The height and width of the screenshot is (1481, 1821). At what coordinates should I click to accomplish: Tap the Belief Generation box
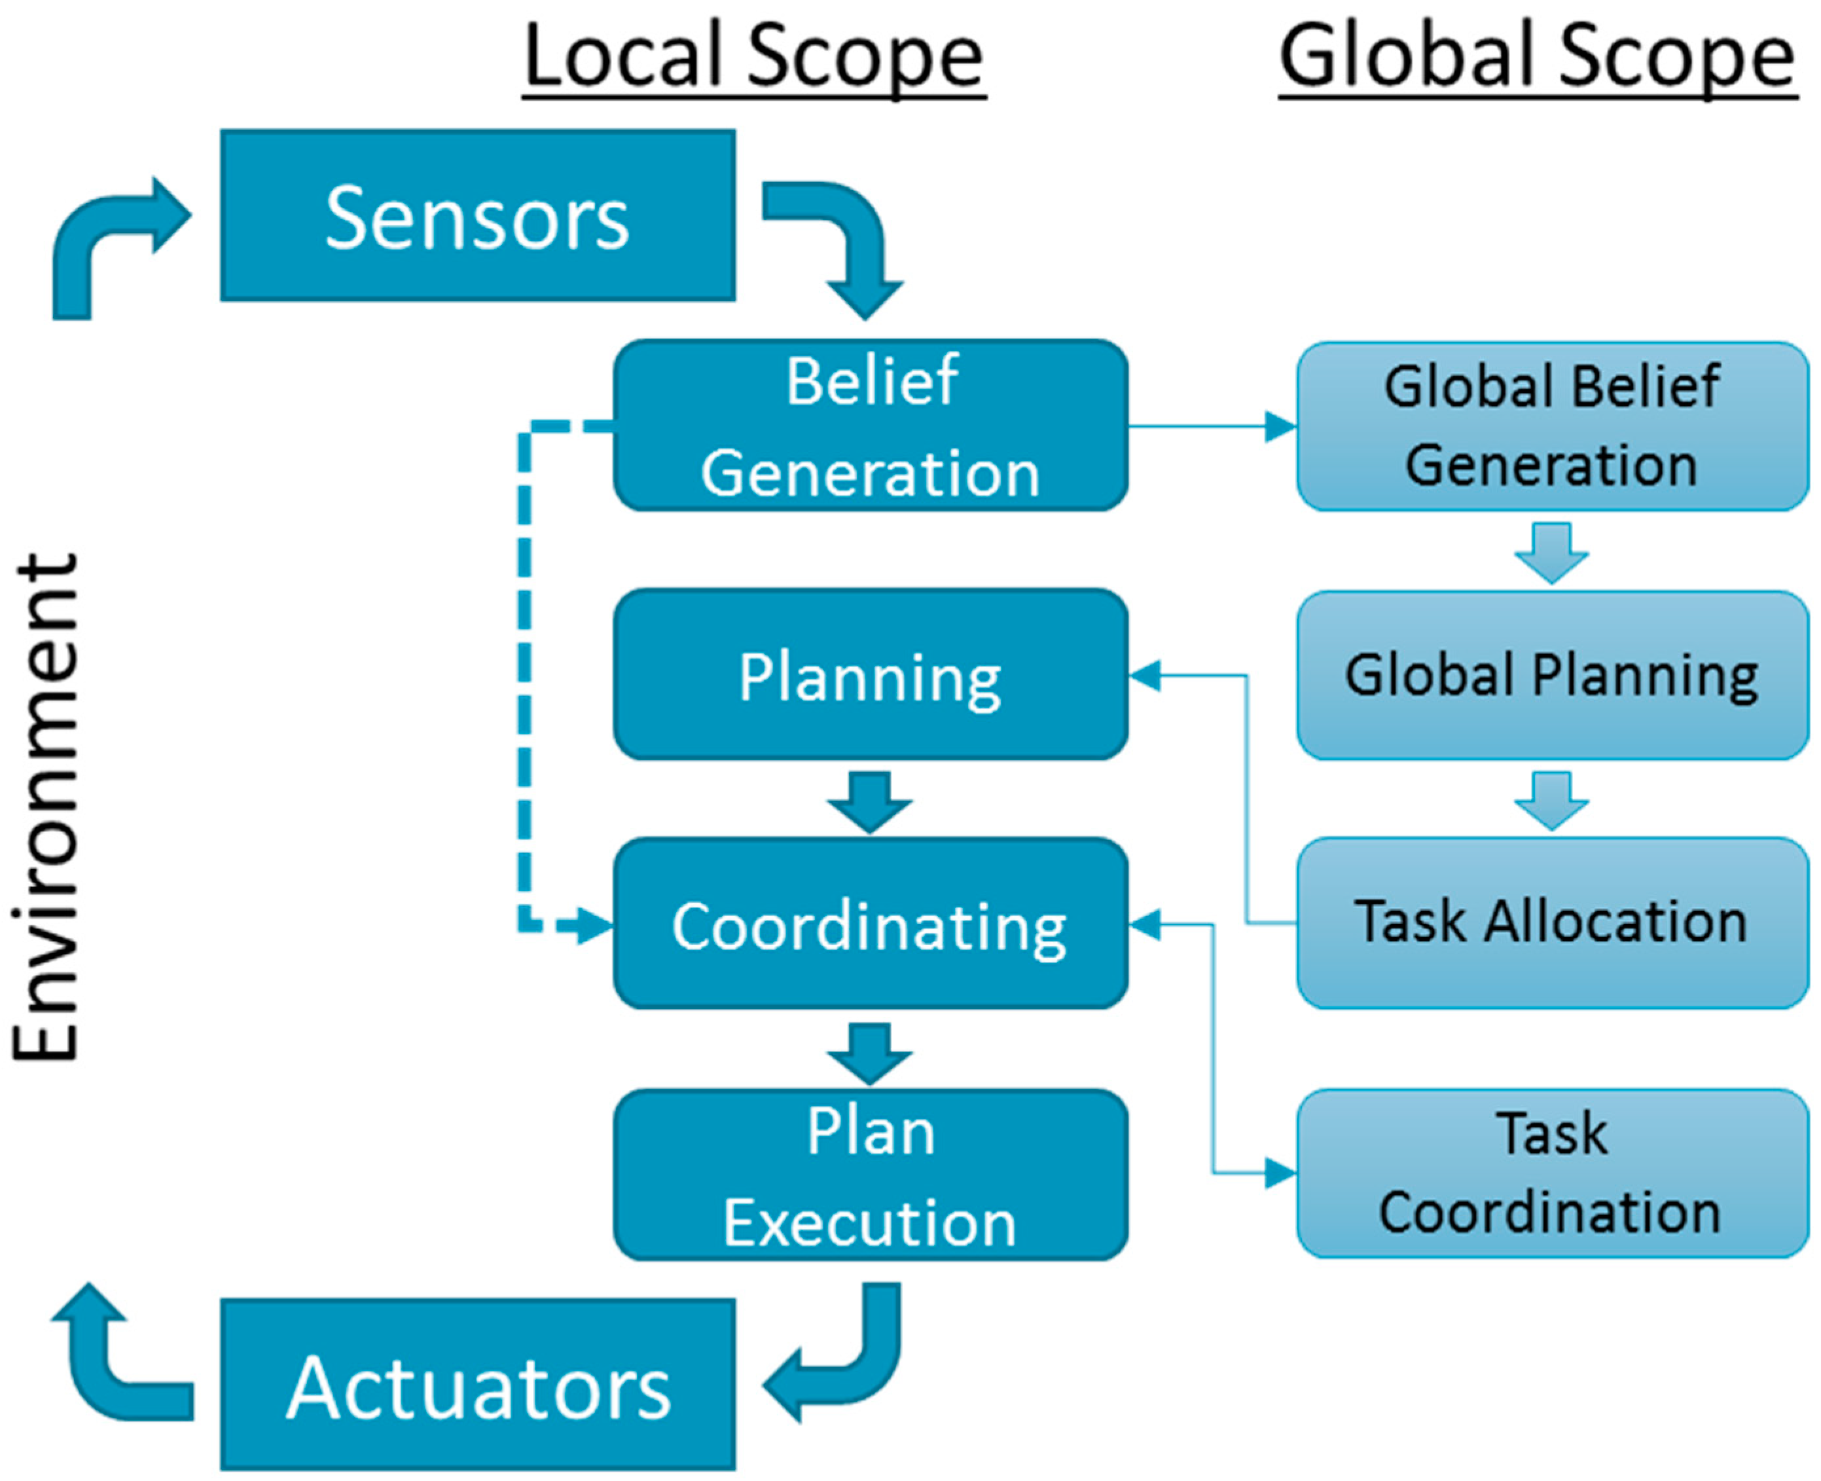pyautogui.click(x=870, y=425)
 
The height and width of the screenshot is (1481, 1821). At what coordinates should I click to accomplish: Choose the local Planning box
pyautogui.click(x=870, y=674)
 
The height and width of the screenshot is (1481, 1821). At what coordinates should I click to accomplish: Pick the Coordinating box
pyautogui.click(x=870, y=923)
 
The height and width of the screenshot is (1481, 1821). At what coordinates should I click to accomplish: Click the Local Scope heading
pyautogui.click(x=754, y=56)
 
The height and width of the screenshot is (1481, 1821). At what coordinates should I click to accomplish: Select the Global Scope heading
pyautogui.click(x=1538, y=56)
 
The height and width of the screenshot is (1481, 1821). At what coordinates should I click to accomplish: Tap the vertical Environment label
pyautogui.click(x=47, y=806)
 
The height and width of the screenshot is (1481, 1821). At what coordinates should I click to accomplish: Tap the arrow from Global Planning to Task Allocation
pyautogui.click(x=1551, y=800)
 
